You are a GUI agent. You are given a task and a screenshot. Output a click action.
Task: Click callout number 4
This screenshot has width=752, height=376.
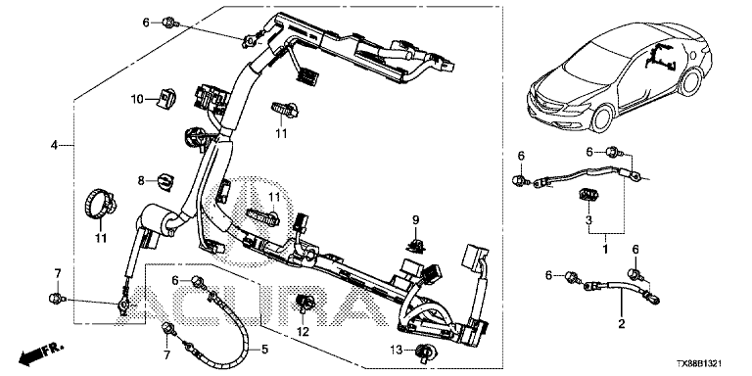pos(54,145)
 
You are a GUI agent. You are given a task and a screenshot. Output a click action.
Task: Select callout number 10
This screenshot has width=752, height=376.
pos(138,99)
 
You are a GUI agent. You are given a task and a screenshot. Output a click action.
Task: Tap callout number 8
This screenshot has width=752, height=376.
pos(141,180)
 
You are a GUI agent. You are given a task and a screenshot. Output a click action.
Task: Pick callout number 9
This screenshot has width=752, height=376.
pos(416,220)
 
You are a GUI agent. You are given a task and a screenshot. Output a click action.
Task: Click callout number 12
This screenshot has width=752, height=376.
pos(304,331)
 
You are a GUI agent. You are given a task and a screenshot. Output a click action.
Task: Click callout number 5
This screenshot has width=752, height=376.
pos(265,351)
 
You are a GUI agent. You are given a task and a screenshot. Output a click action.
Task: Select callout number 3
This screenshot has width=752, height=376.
pos(588,220)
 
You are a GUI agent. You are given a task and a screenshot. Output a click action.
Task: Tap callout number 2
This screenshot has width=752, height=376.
pos(622,324)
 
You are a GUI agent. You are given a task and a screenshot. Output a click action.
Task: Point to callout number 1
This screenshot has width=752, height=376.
pos(605,250)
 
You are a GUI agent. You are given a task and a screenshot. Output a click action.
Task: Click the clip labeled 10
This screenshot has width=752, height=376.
pos(166,99)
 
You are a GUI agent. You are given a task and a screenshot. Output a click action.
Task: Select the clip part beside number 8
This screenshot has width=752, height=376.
pos(165,182)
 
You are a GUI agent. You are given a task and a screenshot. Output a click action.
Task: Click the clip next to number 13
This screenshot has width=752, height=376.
pos(423,352)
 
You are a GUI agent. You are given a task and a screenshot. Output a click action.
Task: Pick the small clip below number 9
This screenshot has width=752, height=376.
pos(415,246)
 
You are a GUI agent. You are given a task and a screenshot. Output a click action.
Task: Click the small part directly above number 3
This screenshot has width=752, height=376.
pos(587,195)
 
